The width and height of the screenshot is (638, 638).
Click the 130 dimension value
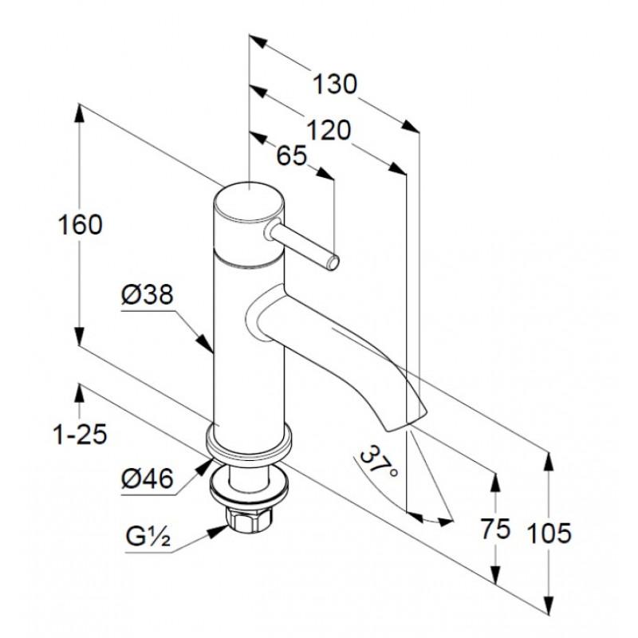point(334,85)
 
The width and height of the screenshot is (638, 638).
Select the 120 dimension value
point(328,131)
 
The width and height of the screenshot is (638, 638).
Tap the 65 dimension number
point(291,156)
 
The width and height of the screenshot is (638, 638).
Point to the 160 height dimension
point(81,225)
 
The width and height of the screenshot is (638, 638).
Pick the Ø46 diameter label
point(148,478)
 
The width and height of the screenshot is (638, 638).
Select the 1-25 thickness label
point(81,434)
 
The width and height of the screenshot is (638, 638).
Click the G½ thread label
point(148,537)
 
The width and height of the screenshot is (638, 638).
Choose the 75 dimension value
point(495,529)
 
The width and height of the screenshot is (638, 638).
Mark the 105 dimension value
point(549,533)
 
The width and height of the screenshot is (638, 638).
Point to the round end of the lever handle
point(333,262)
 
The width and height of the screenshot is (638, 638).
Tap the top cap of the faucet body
point(248,203)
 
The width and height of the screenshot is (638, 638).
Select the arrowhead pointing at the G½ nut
point(219,530)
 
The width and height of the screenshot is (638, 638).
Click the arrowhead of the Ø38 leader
point(206,344)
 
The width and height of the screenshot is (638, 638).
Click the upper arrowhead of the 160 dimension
point(79,116)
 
